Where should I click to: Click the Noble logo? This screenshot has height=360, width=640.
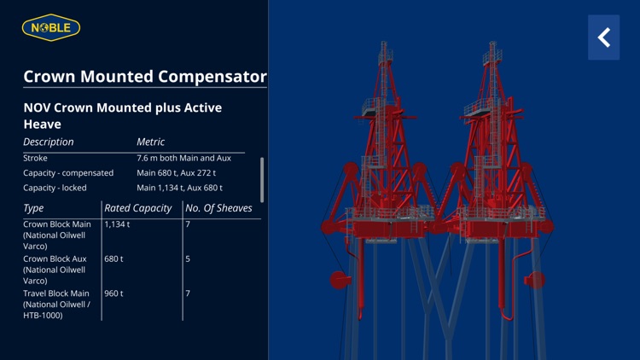(51, 28)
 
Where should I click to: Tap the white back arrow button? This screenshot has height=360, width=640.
(604, 38)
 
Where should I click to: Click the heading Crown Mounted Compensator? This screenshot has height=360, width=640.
(145, 76)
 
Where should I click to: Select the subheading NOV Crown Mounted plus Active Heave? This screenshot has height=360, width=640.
(122, 115)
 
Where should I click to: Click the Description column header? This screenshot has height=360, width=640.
(49, 142)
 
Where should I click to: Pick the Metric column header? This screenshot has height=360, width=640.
(151, 142)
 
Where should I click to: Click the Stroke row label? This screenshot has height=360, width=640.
(36, 158)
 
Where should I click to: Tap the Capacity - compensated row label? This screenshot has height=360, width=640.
(68, 173)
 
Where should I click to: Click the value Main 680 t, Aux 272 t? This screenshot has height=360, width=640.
(177, 173)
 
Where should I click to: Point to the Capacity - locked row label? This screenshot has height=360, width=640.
(55, 188)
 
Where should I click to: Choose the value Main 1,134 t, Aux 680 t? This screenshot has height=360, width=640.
(179, 188)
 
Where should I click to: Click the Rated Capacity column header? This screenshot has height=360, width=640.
(138, 208)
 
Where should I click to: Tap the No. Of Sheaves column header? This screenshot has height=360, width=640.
(218, 208)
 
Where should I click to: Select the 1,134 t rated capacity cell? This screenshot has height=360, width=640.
(117, 224)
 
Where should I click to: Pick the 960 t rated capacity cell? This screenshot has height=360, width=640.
(113, 293)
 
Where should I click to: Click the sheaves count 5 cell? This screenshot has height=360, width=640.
(188, 258)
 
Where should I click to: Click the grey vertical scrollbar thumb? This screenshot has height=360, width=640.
(262, 179)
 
